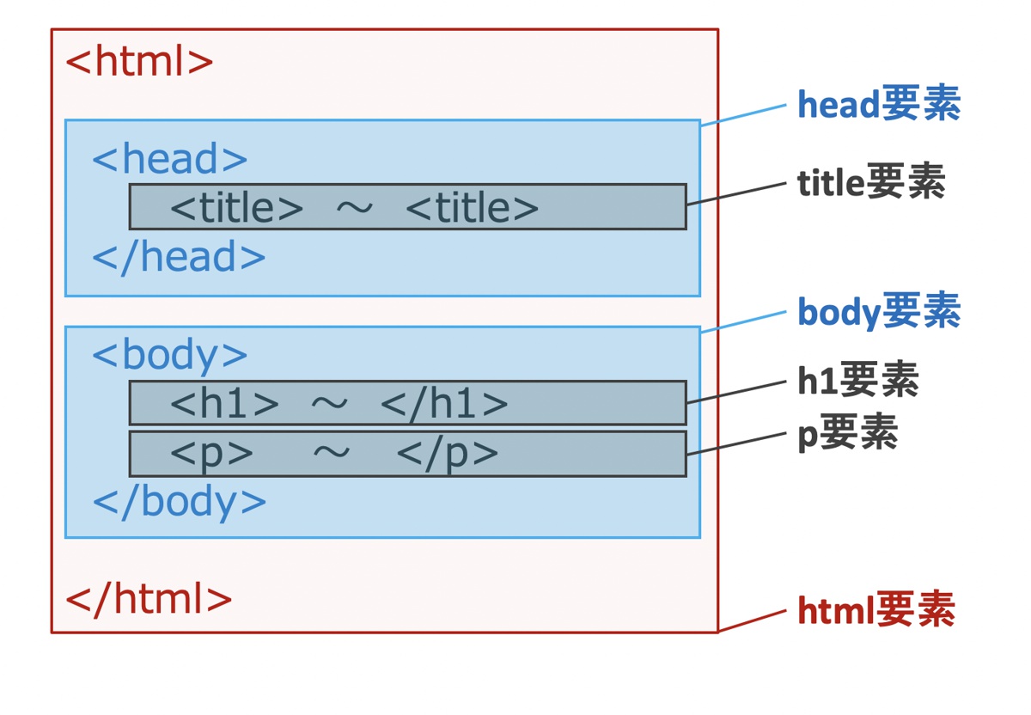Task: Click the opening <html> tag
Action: tap(139, 62)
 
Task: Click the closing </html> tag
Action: tap(149, 599)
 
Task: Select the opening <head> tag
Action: tap(169, 159)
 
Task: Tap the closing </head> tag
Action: tap(179, 257)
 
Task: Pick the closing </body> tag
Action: tap(179, 502)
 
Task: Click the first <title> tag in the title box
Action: tap(236, 207)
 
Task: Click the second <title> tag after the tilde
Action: tap(472, 207)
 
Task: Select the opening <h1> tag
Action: tap(224, 403)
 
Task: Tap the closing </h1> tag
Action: tap(444, 403)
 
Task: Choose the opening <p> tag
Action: tap(211, 453)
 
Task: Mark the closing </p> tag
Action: tap(448, 453)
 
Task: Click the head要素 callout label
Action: tap(878, 105)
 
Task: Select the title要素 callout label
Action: tap(870, 182)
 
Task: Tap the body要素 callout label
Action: tap(878, 312)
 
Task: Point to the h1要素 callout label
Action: tap(857, 380)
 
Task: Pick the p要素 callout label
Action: tap(847, 434)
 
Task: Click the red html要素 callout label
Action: tap(875, 611)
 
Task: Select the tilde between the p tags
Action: tap(331, 453)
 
